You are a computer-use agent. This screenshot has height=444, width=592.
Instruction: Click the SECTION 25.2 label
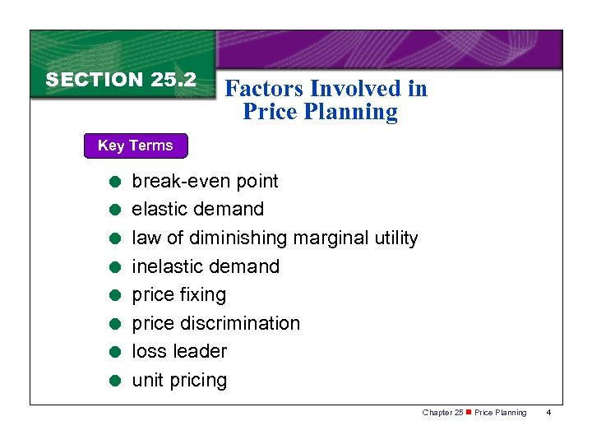(x=121, y=80)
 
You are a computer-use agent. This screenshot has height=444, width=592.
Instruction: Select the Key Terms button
(x=136, y=146)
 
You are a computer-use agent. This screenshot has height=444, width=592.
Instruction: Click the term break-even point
(x=205, y=181)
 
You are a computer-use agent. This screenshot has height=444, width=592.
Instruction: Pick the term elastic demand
(x=197, y=209)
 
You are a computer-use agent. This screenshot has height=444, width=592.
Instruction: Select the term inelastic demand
(x=206, y=266)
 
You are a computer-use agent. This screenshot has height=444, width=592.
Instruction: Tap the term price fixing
(x=178, y=294)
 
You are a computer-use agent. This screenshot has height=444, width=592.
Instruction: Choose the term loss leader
(x=179, y=351)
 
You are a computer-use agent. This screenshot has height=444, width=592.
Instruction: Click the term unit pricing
(x=179, y=380)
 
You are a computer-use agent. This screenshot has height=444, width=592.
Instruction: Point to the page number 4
(x=549, y=412)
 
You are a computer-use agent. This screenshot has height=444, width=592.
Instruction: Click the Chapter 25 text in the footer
(x=442, y=412)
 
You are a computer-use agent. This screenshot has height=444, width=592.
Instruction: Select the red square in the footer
(x=469, y=412)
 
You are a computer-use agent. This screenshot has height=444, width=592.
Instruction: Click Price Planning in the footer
(x=501, y=412)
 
